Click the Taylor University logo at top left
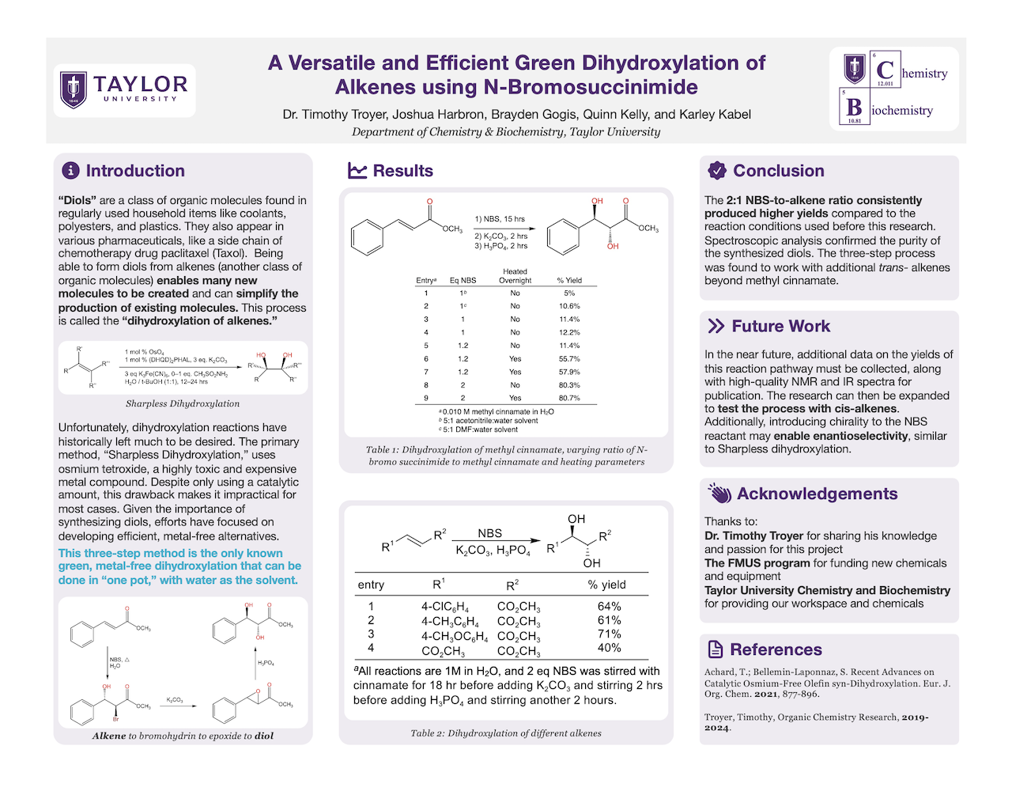(124, 90)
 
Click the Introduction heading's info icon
(70, 171)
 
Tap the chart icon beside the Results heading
(357, 171)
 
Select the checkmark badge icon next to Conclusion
(717, 170)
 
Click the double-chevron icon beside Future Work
(716, 326)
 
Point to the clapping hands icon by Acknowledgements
(719, 494)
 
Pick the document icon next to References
(716, 649)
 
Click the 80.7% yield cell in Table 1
(569, 398)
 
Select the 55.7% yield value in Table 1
(569, 358)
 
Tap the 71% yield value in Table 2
(609, 634)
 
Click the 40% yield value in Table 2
(609, 648)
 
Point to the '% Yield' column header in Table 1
(569, 280)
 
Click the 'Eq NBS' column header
(463, 280)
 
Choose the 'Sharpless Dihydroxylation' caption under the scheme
(183, 403)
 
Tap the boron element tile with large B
(855, 108)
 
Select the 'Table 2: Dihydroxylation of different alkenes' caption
(506, 733)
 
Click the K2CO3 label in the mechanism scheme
(175, 700)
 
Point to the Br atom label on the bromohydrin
(115, 719)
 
